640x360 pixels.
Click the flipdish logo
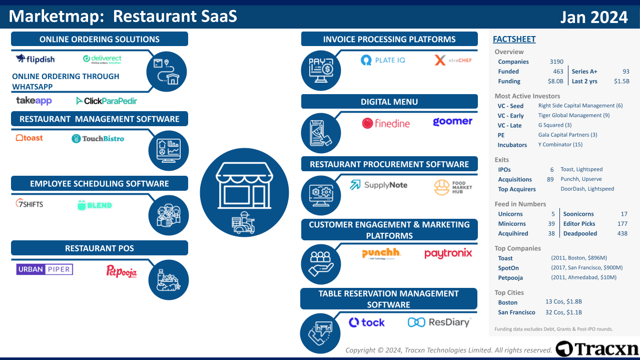pyautogui.click(x=35, y=59)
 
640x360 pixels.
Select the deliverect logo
pyautogui.click(x=102, y=59)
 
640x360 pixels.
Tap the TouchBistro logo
pyautogui.click(x=98, y=138)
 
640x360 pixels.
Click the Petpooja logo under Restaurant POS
pyautogui.click(x=122, y=271)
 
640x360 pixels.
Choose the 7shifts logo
pyautogui.click(x=30, y=204)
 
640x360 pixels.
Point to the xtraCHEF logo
pyautogui.click(x=453, y=61)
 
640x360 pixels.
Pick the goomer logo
pyautogui.click(x=452, y=122)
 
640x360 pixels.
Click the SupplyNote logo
pyautogui.click(x=378, y=185)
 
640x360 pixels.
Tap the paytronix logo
pyautogui.click(x=448, y=253)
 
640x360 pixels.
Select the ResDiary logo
pyautogui.click(x=439, y=322)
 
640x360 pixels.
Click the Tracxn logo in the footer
pyautogui.click(x=597, y=348)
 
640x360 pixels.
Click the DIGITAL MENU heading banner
pyautogui.click(x=389, y=102)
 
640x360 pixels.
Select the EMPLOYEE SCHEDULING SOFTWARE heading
pyautogui.click(x=100, y=184)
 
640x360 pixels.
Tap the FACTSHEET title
pyautogui.click(x=514, y=39)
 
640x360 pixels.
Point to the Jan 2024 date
pyautogui.click(x=593, y=18)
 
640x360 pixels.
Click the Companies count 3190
pyautogui.click(x=556, y=62)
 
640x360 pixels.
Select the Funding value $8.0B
pyautogui.click(x=555, y=81)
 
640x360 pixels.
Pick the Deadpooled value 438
pyautogui.click(x=622, y=233)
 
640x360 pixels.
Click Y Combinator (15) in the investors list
pyautogui.click(x=560, y=145)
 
